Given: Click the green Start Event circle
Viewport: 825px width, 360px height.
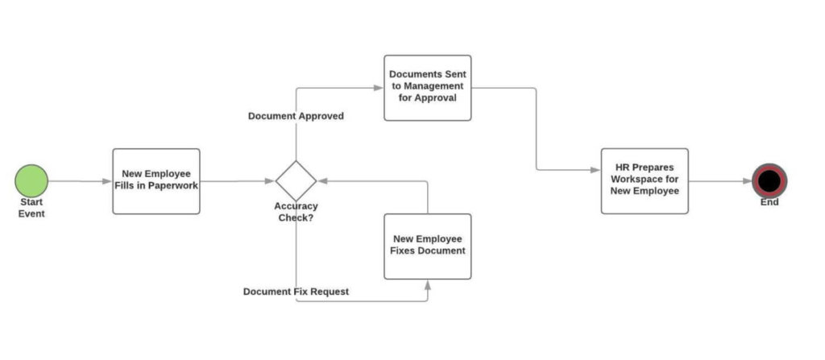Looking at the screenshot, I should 31,180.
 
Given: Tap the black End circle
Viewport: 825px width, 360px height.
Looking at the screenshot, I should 769,180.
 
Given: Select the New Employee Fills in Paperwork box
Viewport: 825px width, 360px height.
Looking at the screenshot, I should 156,180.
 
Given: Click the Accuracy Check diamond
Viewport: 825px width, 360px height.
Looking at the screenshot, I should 296,180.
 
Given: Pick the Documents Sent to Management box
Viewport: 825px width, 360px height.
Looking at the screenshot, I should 427,88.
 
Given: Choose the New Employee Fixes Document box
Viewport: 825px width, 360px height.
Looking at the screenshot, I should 427,246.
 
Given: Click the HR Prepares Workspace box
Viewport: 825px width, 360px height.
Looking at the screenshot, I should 645,180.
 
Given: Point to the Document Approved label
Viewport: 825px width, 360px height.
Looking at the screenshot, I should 296,116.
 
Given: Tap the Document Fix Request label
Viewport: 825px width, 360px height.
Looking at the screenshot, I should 296,292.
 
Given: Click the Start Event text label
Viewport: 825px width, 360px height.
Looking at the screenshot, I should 31,208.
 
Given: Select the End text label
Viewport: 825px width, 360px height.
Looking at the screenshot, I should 769,202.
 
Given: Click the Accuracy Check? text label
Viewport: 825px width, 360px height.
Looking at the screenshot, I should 296,212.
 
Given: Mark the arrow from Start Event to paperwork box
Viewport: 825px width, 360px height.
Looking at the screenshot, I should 80,181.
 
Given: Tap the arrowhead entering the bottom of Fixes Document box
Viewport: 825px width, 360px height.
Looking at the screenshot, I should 428,284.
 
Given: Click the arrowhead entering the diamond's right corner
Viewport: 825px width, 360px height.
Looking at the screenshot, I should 321,181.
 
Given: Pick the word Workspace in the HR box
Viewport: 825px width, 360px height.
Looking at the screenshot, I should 645,180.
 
